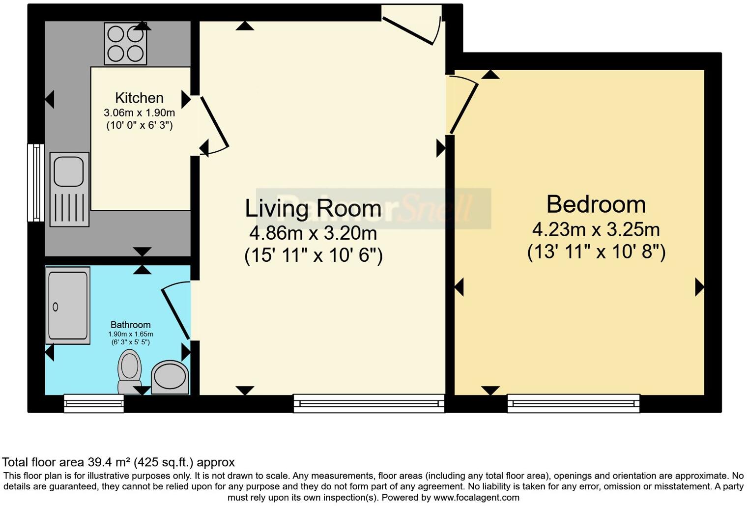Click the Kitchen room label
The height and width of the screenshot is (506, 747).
click(x=140, y=98)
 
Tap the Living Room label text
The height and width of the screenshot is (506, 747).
click(x=313, y=209)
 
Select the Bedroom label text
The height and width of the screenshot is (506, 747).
click(x=596, y=204)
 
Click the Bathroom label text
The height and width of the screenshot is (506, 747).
click(x=130, y=325)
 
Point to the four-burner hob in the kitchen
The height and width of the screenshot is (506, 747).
click(x=125, y=44)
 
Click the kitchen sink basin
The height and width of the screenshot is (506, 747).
click(x=69, y=171)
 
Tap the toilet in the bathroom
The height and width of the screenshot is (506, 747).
click(x=129, y=371)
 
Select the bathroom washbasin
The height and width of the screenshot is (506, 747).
click(x=170, y=377)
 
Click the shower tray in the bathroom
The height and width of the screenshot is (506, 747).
click(x=68, y=306)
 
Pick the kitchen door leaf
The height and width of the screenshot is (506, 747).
click(x=214, y=121)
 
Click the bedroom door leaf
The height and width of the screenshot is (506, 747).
click(x=464, y=109)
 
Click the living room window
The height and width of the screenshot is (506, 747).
click(x=369, y=403)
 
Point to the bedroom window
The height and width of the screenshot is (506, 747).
click(x=574, y=403)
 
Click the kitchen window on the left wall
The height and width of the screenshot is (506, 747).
click(x=36, y=183)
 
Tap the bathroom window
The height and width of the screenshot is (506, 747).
click(x=94, y=403)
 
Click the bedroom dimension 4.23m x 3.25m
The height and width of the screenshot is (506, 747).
click(x=596, y=230)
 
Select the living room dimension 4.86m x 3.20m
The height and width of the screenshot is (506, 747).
click(x=313, y=233)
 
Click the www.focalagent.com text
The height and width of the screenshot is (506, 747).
click(x=476, y=498)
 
